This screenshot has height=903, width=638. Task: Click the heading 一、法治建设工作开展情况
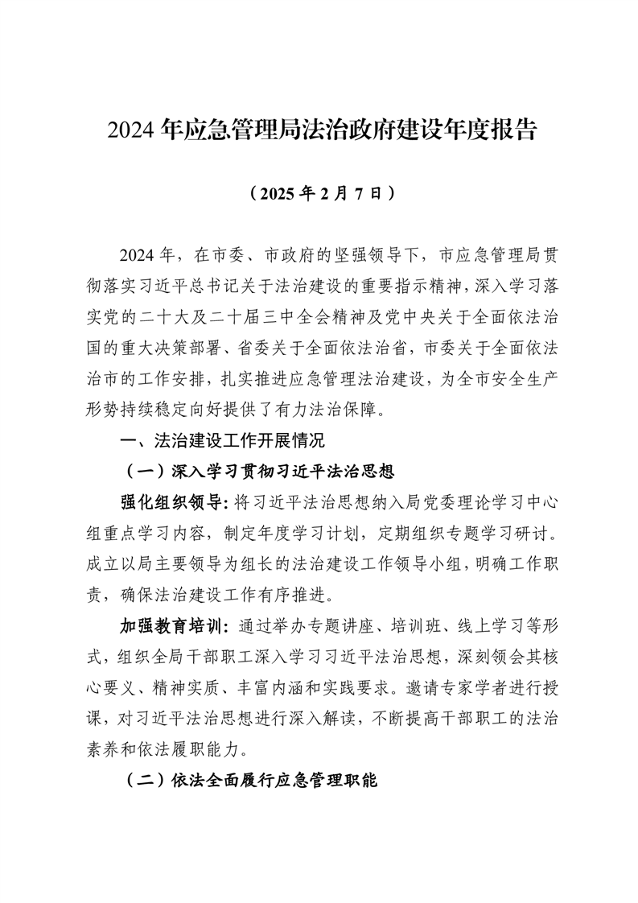220,440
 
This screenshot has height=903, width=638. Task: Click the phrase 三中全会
316,318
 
